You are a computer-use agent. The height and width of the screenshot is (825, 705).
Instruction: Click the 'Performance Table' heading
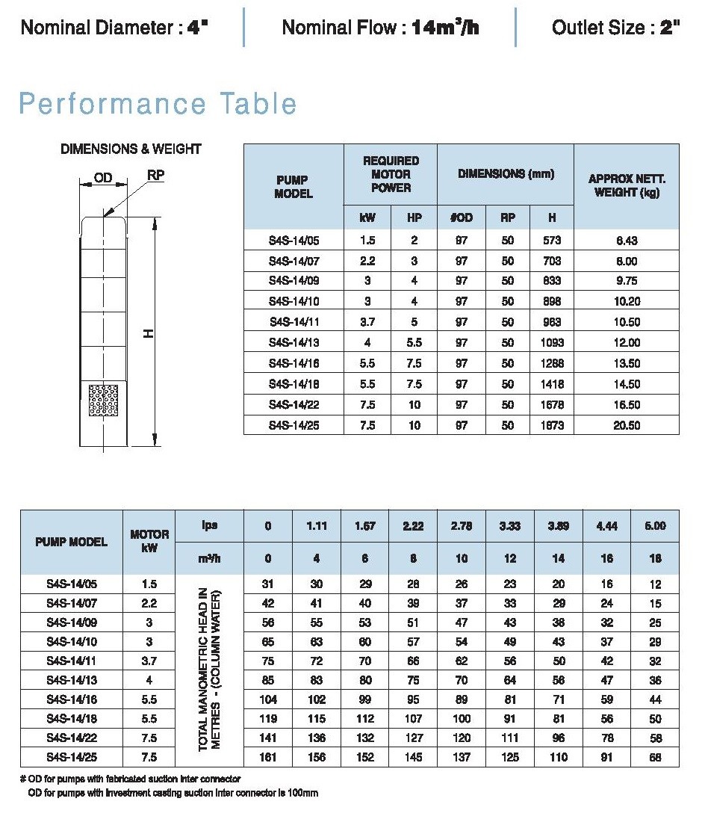pyautogui.click(x=158, y=103)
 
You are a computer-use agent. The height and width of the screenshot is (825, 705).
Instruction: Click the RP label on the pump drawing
pyautogui.click(x=155, y=175)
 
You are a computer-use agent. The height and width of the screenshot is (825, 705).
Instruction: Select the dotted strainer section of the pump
pyautogui.click(x=104, y=401)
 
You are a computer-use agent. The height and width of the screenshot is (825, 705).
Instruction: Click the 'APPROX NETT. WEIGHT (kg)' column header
pyautogui.click(x=626, y=186)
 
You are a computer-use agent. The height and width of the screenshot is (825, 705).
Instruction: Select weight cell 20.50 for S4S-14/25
pyautogui.click(x=627, y=425)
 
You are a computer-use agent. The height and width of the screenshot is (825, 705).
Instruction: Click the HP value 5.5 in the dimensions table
pyautogui.click(x=414, y=343)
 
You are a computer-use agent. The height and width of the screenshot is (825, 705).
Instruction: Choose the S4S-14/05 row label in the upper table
pyautogui.click(x=294, y=241)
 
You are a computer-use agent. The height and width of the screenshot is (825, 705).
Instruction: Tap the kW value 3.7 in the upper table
pyautogui.click(x=367, y=322)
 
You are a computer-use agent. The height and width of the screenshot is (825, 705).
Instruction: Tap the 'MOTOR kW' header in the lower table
pyautogui.click(x=149, y=542)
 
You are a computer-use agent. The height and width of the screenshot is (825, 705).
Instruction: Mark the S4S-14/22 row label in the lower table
pyautogui.click(x=71, y=738)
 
